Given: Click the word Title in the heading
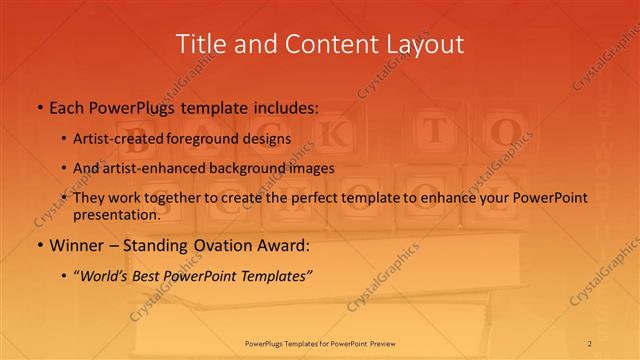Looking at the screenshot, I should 200,44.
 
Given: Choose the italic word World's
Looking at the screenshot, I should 108,277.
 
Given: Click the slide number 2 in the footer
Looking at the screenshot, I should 591,344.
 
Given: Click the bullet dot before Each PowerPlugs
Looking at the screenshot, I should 39,105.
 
